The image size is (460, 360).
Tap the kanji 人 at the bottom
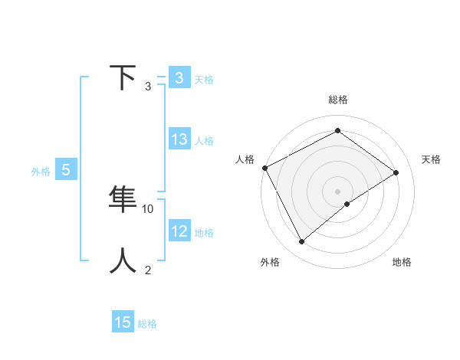tap(123, 260)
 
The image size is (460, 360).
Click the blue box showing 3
tap(179, 77)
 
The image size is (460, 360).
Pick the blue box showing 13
tap(179, 139)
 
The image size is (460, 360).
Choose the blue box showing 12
tap(179, 231)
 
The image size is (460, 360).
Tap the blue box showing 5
tap(66, 170)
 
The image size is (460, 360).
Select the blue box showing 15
tap(123, 322)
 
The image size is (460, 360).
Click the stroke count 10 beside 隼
tap(148, 208)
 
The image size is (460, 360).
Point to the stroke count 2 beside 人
tap(148, 270)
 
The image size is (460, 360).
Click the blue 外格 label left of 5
tap(41, 172)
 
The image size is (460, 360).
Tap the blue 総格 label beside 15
tap(147, 324)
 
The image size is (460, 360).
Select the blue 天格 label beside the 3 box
tap(204, 79)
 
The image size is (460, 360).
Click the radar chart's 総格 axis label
tap(338, 100)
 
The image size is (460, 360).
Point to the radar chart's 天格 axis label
tap(432, 159)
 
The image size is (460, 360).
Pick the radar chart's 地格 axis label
tap(402, 262)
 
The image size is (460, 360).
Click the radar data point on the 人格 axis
tap(264, 168)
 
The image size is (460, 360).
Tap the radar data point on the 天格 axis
tap(396, 172)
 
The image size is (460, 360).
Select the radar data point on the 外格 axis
tap(302, 242)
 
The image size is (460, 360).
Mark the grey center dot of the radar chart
tap(337, 191)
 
